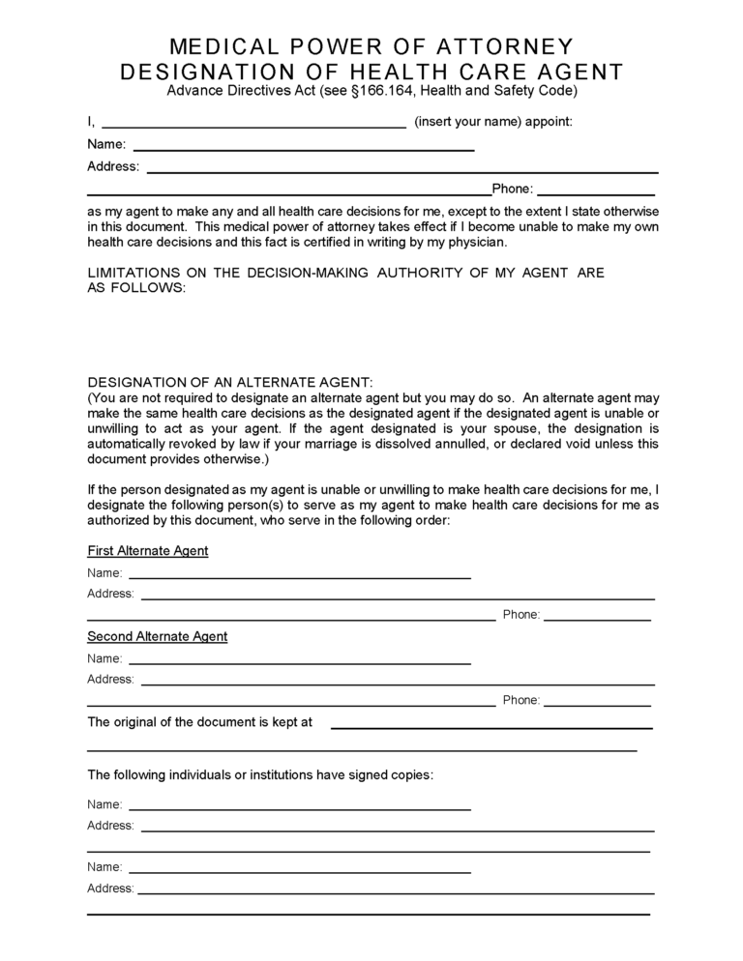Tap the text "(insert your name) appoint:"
pyautogui.click(x=493, y=122)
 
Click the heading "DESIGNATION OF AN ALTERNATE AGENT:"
pyautogui.click(x=229, y=383)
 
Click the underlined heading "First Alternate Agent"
pyautogui.click(x=147, y=551)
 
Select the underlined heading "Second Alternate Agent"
pyautogui.click(x=157, y=636)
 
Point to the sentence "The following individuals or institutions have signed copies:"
pyautogui.click(x=260, y=774)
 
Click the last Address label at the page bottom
pyautogui.click(x=110, y=888)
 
